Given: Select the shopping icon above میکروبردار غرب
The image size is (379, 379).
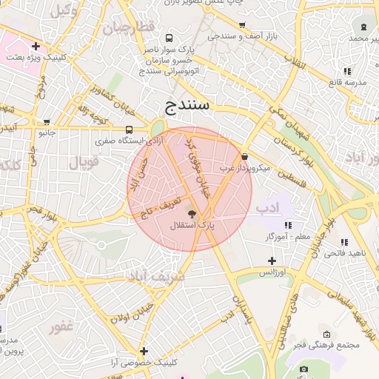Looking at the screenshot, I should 245,156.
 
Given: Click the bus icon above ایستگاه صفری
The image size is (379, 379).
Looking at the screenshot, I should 130,129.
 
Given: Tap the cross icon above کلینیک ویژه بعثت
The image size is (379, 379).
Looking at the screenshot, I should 35,46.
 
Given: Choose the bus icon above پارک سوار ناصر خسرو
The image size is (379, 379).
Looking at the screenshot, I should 170,38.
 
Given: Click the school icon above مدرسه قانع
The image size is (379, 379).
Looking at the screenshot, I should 346,71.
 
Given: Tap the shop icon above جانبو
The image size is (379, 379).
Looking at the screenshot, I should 47,123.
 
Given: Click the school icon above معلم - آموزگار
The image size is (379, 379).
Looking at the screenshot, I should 288,224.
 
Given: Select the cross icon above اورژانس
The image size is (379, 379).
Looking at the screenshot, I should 272,261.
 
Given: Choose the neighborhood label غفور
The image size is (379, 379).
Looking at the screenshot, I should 61,326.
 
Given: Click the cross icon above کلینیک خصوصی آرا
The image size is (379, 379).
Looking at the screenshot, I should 144,351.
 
